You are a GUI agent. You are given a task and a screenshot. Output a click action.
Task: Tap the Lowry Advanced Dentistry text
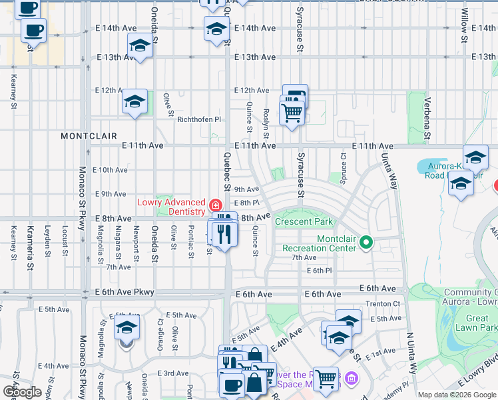pyautogui.click(x=171, y=207)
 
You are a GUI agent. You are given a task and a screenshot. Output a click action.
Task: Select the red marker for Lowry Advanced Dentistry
pyautogui.click(x=215, y=204)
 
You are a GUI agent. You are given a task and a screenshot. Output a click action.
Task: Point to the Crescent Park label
pyautogui.click(x=303, y=222)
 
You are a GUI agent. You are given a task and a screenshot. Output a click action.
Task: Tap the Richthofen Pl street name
pyautogui.click(x=198, y=119)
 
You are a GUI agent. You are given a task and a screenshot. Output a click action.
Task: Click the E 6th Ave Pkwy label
pyautogui.click(x=124, y=292)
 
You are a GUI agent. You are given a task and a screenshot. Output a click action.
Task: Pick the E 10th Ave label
pyautogui.click(x=111, y=170)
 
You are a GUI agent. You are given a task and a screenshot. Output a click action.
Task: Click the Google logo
pyautogui.click(x=22, y=392)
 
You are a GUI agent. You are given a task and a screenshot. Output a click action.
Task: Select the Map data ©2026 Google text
pyautogui.click(x=456, y=395)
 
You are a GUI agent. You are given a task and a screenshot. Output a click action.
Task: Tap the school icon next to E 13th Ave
pyautogui.click(x=140, y=47)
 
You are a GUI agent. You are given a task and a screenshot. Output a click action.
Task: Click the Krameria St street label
pyautogui.click(x=30, y=247)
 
